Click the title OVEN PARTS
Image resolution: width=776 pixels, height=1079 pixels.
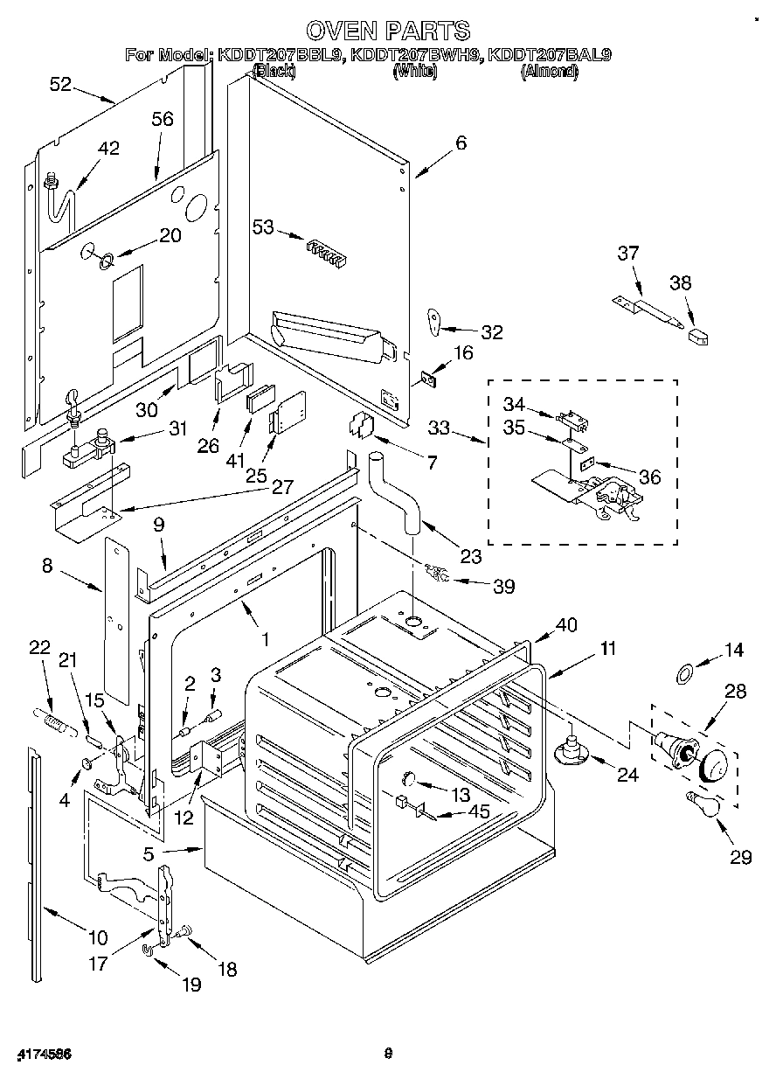point(388,31)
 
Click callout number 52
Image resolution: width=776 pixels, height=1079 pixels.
point(60,84)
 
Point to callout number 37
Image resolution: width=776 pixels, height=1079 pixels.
point(627,254)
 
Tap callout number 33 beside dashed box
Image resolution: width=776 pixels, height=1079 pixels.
point(440,428)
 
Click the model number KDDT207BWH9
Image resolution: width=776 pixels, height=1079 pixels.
point(415,55)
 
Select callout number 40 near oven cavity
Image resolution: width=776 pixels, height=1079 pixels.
point(567,625)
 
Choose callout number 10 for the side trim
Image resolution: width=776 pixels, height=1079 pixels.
point(97,937)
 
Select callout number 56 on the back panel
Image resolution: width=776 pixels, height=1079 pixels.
point(163,120)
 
